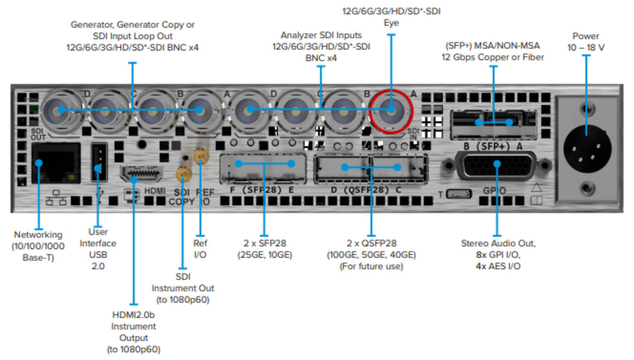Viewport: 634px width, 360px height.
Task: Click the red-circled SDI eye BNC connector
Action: coord(390,111)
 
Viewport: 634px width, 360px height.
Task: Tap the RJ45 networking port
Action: coord(55,163)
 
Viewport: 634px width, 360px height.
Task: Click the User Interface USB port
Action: coord(98,162)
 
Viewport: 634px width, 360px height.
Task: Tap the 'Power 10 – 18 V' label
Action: coord(585,42)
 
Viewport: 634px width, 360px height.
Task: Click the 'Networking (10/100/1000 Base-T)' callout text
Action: coord(38,246)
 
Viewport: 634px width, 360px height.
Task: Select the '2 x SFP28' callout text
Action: coord(264,249)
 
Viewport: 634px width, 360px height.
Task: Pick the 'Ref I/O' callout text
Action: coord(200,248)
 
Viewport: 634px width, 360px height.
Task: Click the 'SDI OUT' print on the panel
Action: coord(38,134)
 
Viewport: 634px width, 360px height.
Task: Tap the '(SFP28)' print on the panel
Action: coord(261,191)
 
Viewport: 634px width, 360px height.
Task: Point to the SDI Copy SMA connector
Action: coord(182,174)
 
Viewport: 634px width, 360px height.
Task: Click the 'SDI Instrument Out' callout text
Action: coord(182,288)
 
